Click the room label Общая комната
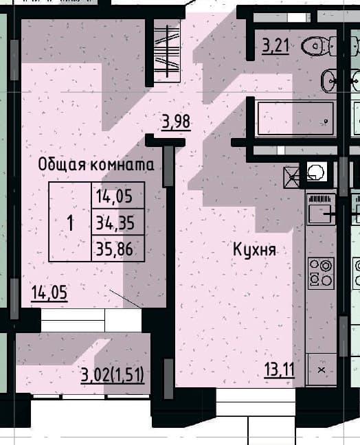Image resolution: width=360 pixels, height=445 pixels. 96,164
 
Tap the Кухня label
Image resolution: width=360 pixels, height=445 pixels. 254,250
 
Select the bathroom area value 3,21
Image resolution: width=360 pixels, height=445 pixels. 275,46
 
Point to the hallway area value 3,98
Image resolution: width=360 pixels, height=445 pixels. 176,122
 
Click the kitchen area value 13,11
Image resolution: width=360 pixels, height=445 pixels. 280,370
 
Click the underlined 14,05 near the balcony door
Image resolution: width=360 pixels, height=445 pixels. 49,293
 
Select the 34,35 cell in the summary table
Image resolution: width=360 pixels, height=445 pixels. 115,223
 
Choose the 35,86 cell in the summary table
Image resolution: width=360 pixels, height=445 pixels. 115,249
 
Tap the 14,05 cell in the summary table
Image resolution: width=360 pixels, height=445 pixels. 115,196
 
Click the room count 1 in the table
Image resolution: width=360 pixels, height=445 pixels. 70,223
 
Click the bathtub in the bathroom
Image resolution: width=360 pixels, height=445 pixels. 295,118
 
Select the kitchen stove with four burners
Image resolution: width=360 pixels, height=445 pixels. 321,273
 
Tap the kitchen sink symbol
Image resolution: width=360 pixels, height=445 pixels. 321,209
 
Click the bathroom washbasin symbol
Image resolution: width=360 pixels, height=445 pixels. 329,80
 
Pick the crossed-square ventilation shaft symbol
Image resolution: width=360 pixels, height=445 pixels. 291,177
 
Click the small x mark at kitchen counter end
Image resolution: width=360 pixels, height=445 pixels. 322,370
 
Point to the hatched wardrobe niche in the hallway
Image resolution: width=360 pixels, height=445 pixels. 167,51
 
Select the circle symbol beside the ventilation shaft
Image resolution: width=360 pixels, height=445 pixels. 316,172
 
